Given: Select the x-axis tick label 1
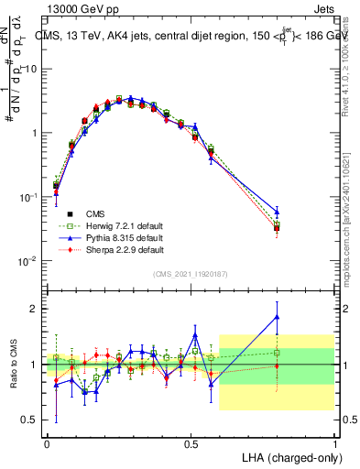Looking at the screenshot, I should [335, 442].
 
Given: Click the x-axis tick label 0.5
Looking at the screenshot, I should [191, 442].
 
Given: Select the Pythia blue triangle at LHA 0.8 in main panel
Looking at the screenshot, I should [278, 212].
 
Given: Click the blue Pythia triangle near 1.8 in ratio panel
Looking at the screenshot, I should [278, 318].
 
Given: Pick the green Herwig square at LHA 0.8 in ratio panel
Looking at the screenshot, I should [278, 352].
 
